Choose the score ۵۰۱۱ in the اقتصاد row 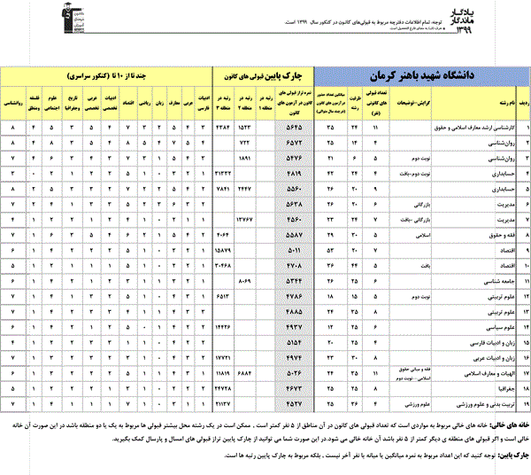click(297, 252)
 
